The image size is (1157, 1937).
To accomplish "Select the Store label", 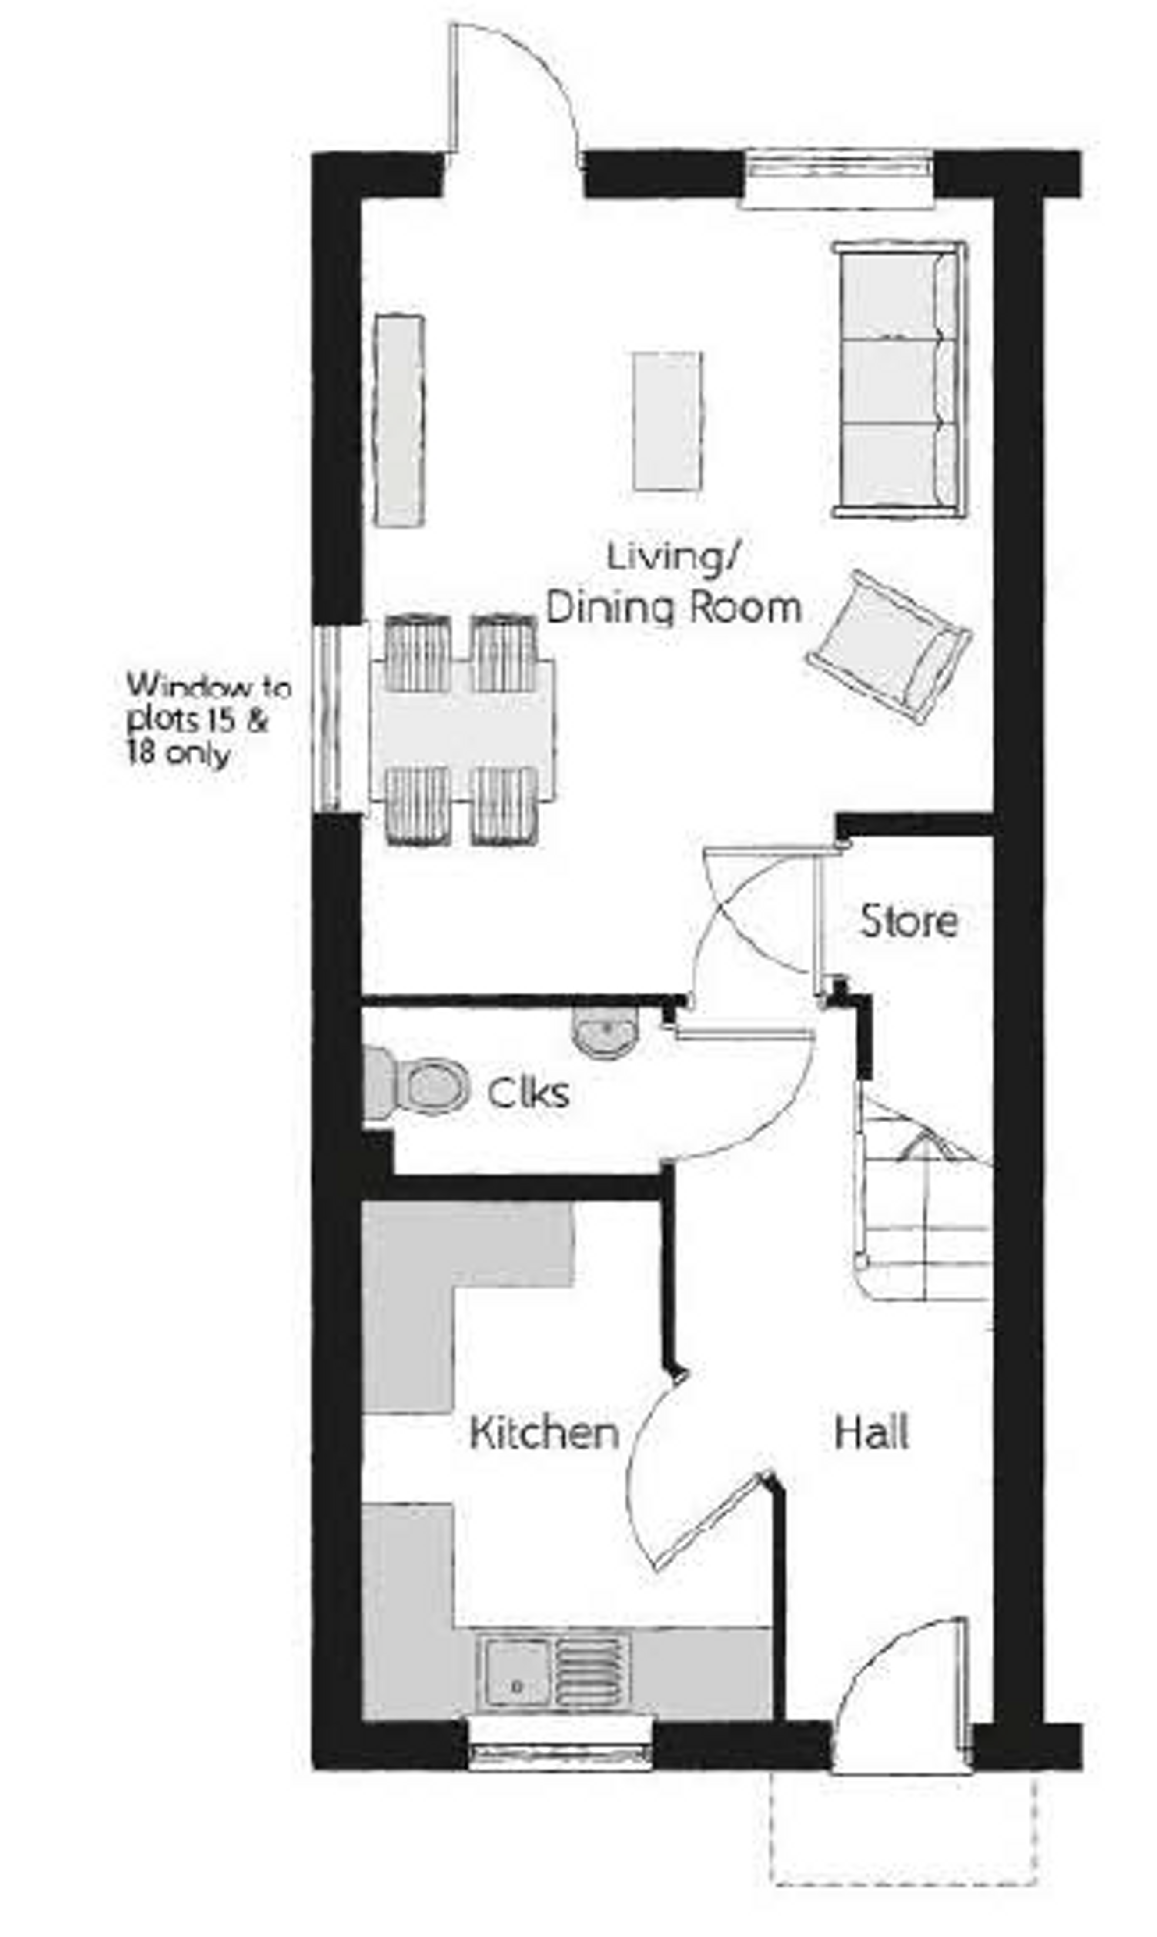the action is point(909,921).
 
